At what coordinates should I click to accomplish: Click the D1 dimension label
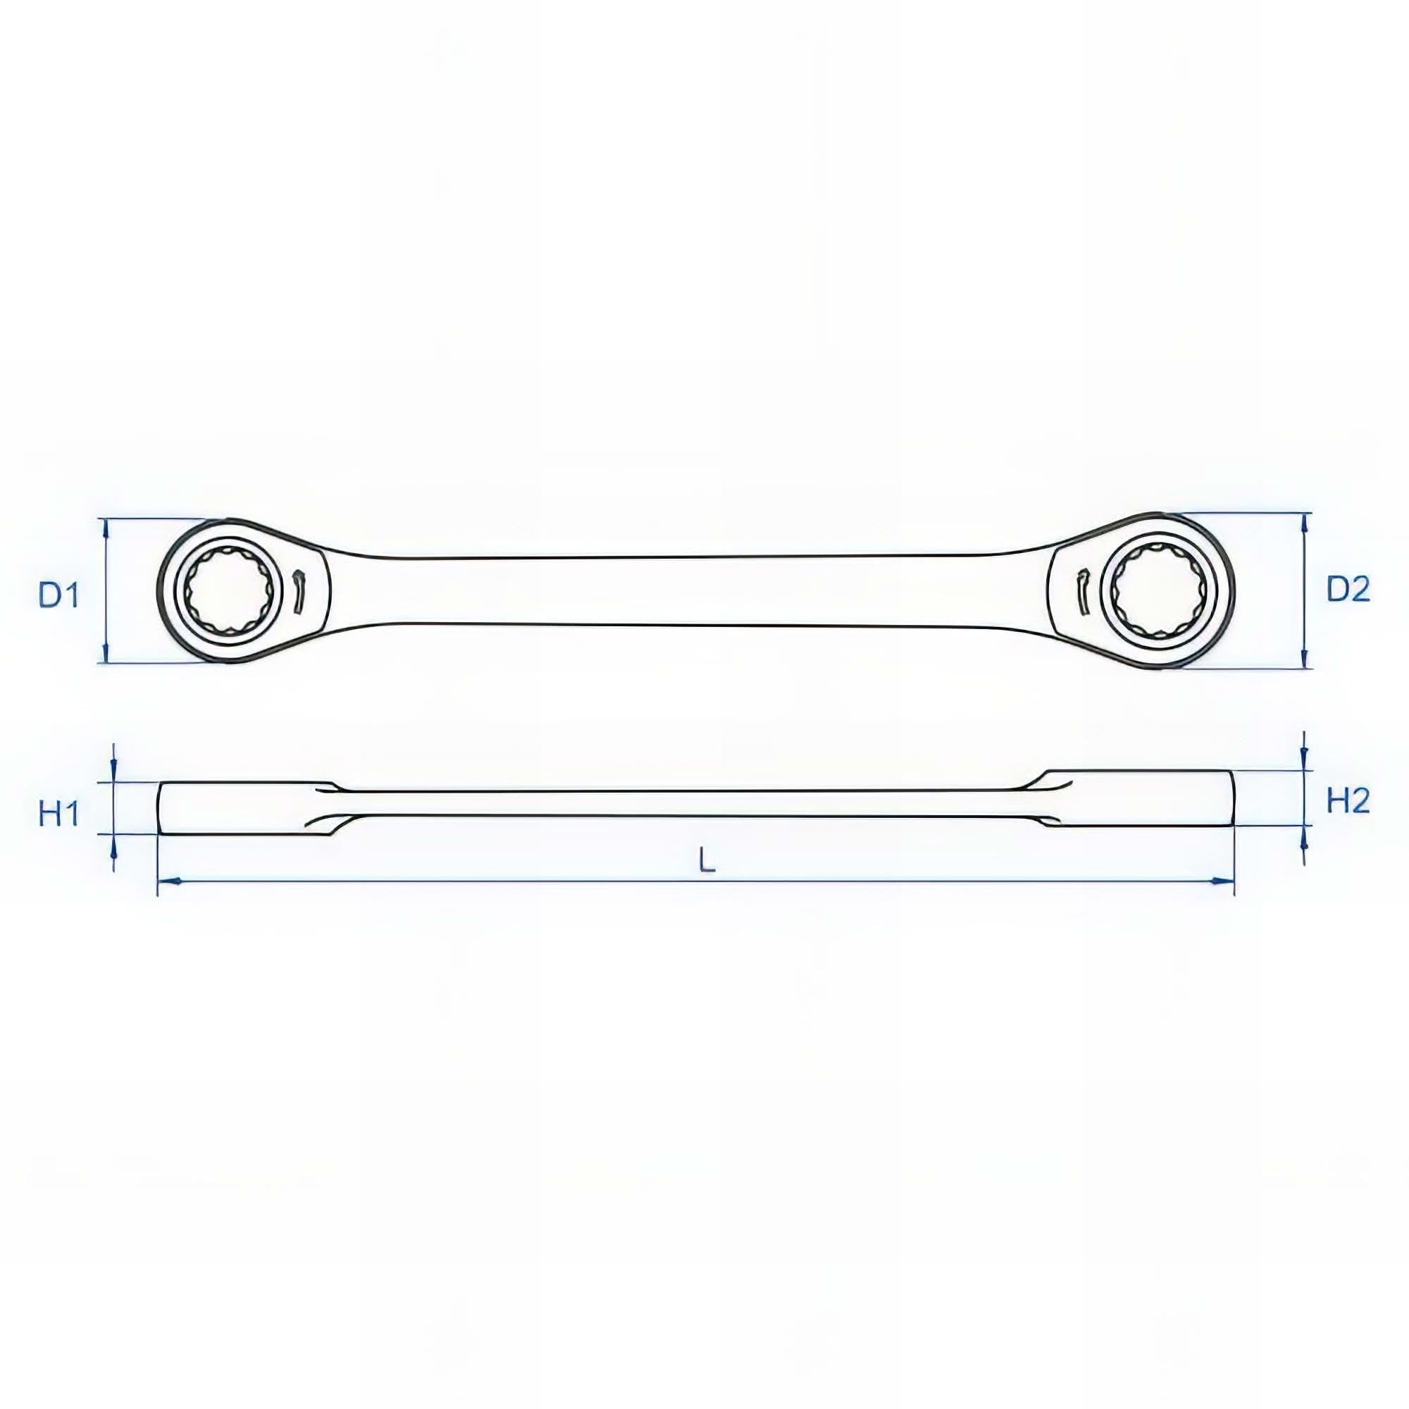tap(58, 596)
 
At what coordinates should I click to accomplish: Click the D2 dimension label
tap(1348, 589)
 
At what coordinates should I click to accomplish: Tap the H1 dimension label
tap(58, 814)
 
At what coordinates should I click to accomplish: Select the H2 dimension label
tap(1348, 802)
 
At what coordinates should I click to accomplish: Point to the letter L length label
tap(707, 862)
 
